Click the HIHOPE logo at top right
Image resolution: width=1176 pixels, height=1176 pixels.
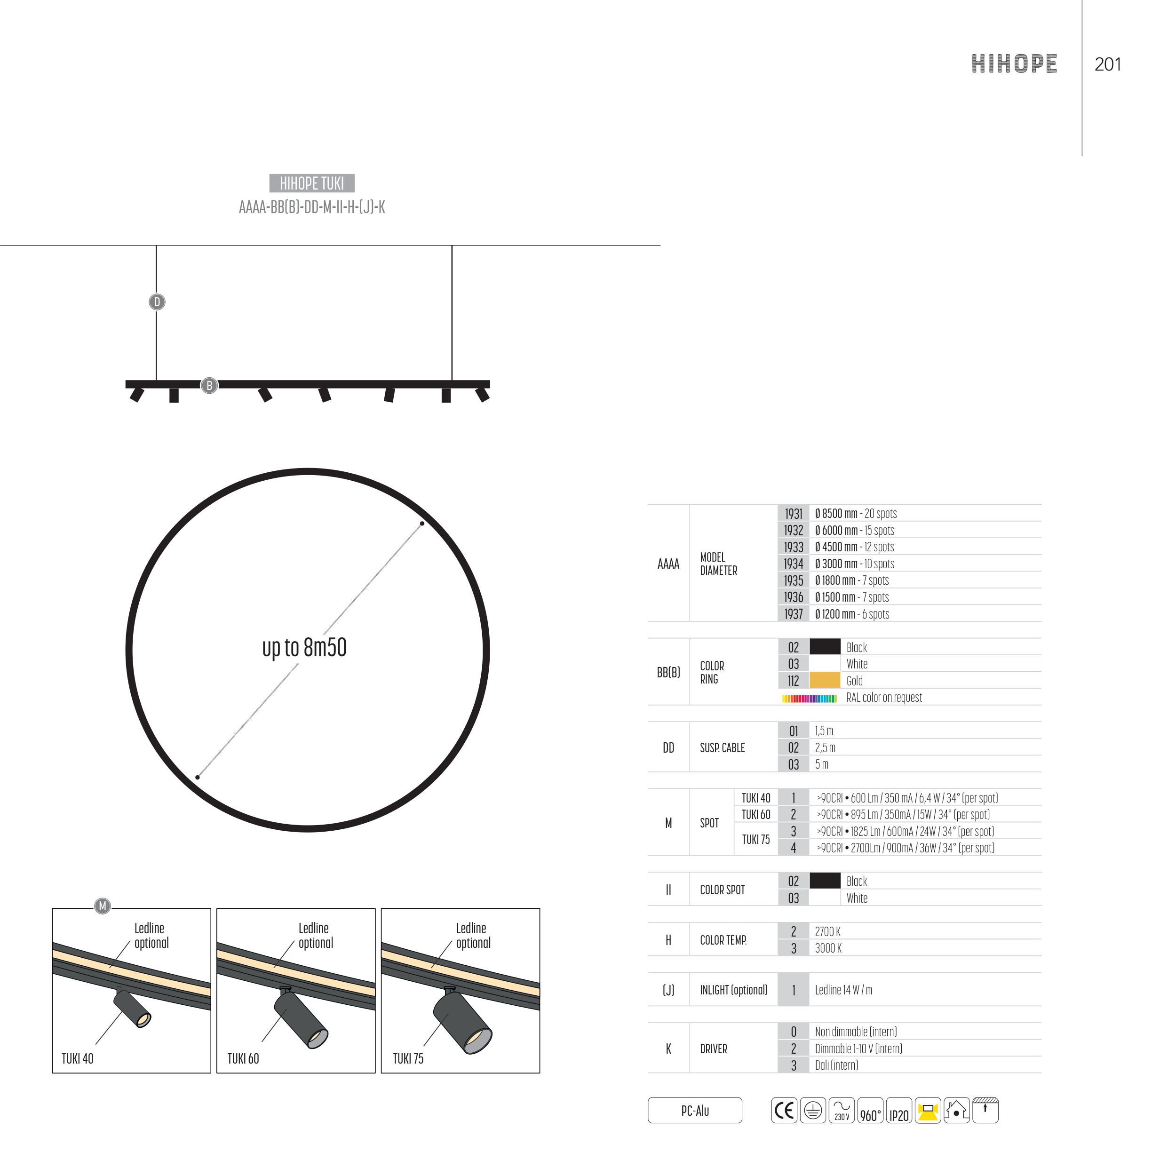1014,64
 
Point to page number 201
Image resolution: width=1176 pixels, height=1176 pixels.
1107,64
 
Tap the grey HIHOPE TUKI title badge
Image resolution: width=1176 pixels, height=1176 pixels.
312,183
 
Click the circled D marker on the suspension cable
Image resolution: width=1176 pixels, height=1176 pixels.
157,302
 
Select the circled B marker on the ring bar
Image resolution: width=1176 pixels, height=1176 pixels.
209,385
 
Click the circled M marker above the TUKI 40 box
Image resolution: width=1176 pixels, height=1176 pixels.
102,906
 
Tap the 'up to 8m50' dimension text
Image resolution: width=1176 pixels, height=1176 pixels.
304,648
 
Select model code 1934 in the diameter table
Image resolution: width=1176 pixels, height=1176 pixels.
794,564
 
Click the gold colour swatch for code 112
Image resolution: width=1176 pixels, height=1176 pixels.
825,681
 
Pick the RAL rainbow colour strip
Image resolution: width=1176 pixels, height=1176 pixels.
810,698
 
